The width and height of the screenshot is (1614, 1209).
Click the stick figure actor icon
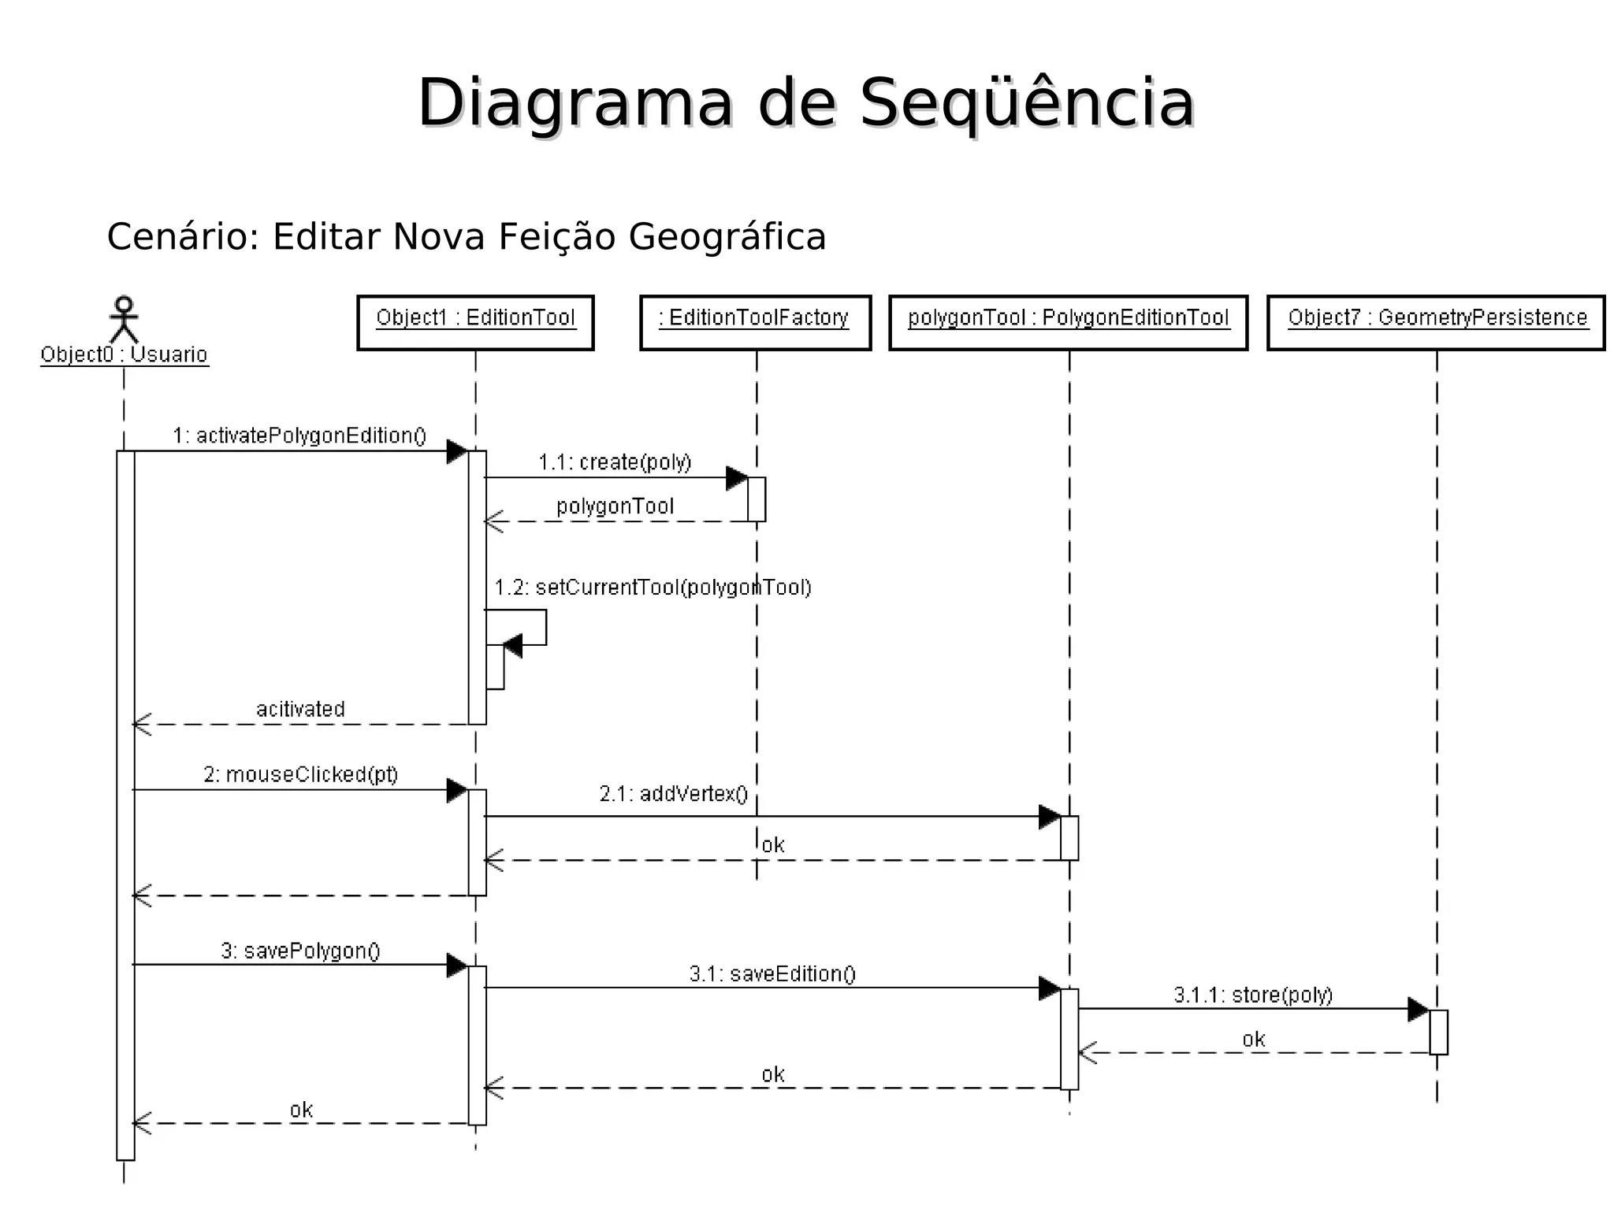[x=124, y=319]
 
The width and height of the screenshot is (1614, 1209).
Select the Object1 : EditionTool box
[x=475, y=322]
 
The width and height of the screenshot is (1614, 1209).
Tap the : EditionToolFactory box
[x=755, y=322]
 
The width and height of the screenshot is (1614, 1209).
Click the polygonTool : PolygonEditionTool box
[x=1068, y=322]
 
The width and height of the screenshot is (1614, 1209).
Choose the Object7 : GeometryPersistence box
[x=1436, y=322]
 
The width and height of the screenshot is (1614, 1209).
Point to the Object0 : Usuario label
[x=124, y=355]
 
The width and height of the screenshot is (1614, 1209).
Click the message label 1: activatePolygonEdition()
[x=299, y=436]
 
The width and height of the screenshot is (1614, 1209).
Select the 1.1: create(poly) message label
[x=615, y=462]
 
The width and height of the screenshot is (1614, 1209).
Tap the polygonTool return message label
[x=615, y=506]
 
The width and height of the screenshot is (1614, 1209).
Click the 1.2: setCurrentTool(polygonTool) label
[x=653, y=588]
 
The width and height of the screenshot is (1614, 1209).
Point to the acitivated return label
[x=300, y=709]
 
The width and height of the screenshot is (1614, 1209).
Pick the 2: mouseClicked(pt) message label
[x=300, y=775]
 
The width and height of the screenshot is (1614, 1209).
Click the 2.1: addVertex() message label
[x=673, y=794]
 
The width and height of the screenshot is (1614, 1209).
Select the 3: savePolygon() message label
[x=300, y=951]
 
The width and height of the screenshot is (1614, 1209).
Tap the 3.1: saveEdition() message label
[x=772, y=974]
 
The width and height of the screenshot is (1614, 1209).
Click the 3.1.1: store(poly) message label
[x=1253, y=996]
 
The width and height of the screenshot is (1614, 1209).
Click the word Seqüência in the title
[x=1027, y=104]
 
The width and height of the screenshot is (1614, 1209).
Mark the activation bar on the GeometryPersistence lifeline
[x=1438, y=1032]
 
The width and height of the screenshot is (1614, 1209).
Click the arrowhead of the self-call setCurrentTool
[x=513, y=647]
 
